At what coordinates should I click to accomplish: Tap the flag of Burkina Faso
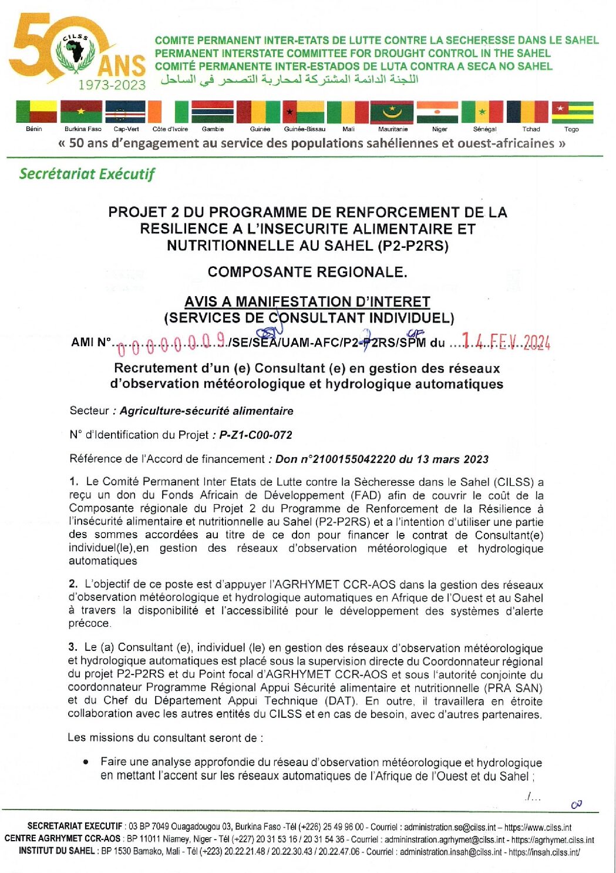coord(81,111)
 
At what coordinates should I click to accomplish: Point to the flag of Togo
coord(572,111)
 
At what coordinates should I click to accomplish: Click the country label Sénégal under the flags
coord(484,129)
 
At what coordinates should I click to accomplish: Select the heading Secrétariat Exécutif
coord(87,174)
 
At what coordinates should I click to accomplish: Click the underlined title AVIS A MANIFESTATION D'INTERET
coord(307,302)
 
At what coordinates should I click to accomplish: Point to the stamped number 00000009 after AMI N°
coord(171,343)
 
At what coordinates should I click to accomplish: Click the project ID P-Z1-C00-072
coord(255,435)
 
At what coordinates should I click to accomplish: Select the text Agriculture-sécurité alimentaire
coord(206,411)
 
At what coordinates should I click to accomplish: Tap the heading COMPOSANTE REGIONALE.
coord(307,272)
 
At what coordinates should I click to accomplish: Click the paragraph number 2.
coord(73,584)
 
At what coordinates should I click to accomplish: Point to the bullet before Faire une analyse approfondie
coord(86,762)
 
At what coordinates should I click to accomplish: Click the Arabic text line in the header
coord(290,79)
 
